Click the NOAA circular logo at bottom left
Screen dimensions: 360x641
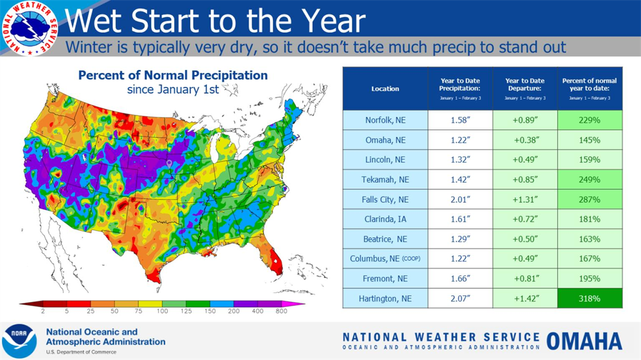tap(19, 341)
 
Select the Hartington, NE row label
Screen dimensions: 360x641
tap(385, 298)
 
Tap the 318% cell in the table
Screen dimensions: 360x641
tap(590, 298)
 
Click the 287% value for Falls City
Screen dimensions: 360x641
tap(590, 199)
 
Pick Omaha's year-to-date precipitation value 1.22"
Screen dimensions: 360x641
tap(460, 141)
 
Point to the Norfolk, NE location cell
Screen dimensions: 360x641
tap(385, 120)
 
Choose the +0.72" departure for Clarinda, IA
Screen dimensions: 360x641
tap(525, 219)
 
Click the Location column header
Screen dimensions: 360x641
tap(385, 88)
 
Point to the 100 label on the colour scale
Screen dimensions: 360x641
tap(162, 311)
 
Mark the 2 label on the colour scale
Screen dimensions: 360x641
tap(43, 311)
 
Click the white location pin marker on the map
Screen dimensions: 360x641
tap(169, 164)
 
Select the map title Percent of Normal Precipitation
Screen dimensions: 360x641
tap(173, 76)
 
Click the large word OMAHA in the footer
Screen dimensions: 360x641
tap(584, 341)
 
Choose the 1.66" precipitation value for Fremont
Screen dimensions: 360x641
tap(460, 279)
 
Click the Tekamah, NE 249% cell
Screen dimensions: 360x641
tap(590, 180)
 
